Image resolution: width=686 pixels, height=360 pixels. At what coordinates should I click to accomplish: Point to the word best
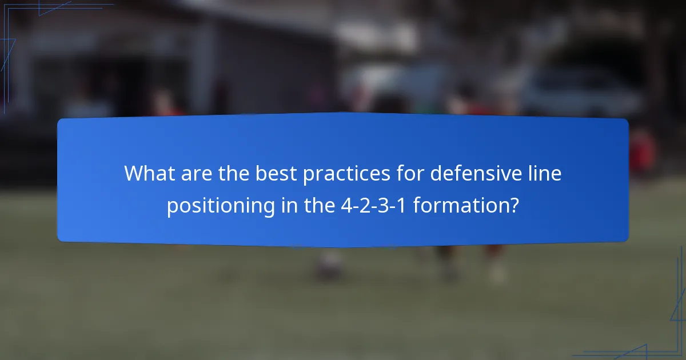(278, 173)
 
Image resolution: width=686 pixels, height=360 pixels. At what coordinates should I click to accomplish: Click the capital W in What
(134, 173)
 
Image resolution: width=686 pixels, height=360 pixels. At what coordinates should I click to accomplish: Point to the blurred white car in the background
(577, 91)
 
